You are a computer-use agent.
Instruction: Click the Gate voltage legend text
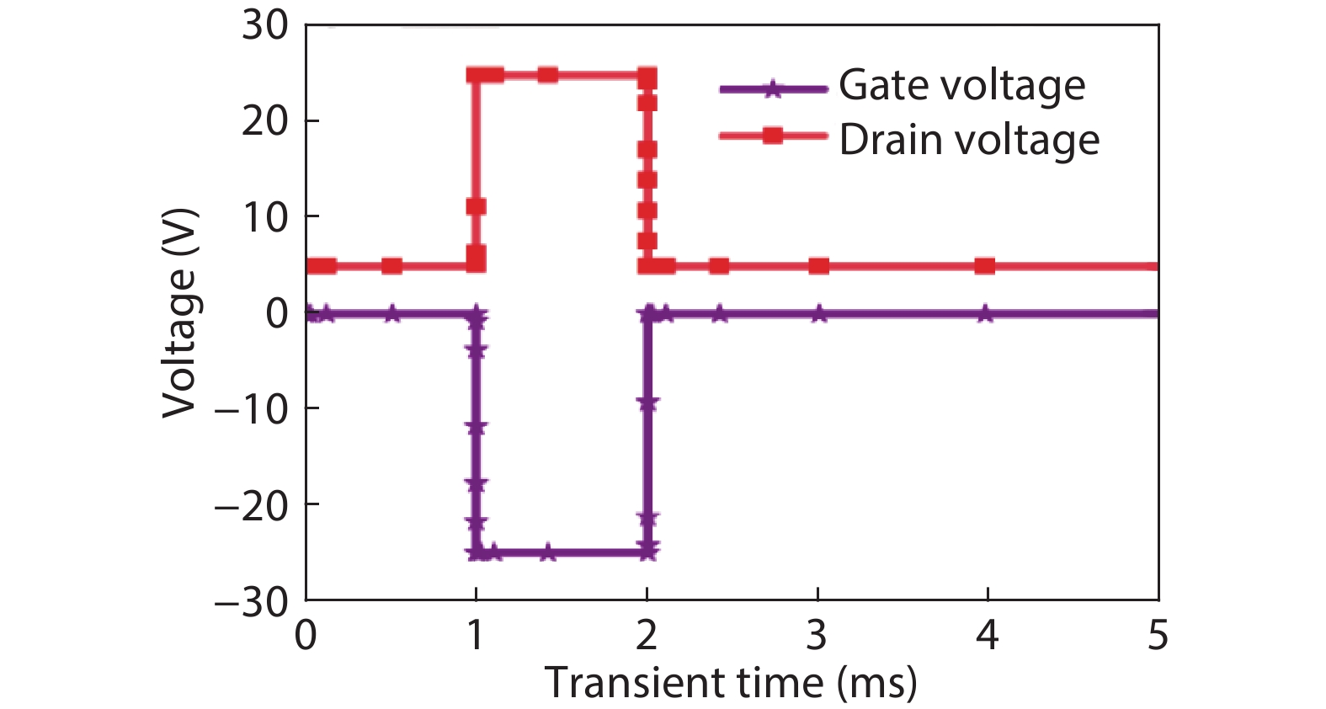[x=961, y=86]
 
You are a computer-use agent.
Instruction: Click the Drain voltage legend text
[x=969, y=140]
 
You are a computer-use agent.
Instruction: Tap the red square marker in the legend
[x=772, y=136]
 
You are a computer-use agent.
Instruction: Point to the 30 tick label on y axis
[x=264, y=25]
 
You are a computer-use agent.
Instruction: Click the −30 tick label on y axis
[x=252, y=602]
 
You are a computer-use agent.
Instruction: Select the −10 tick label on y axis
[x=252, y=410]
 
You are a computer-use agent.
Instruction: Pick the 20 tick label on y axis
[x=264, y=122]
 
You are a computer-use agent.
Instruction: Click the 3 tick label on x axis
[x=817, y=635]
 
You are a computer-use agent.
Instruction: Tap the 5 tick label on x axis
[x=1158, y=635]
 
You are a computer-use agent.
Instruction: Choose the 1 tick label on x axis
[x=476, y=635]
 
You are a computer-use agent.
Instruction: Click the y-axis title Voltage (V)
[x=179, y=312]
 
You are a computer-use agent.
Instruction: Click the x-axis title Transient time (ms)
[x=730, y=682]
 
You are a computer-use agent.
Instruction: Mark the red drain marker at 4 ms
[x=985, y=266]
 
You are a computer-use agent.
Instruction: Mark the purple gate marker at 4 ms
[x=985, y=314]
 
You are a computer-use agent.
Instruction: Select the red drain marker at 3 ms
[x=818, y=266]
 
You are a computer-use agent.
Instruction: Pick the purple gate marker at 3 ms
[x=818, y=314]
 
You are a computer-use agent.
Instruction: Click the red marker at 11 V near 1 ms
[x=476, y=206]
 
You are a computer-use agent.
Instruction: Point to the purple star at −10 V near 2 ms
[x=647, y=403]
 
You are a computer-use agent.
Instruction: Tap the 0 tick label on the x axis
[x=306, y=635]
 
